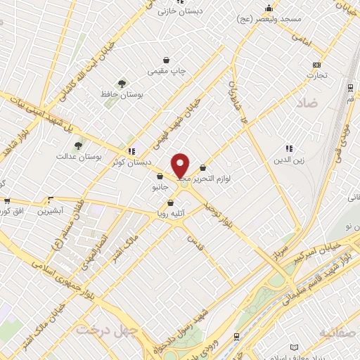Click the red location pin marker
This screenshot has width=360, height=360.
click(x=181, y=166)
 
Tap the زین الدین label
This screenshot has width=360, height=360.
click(x=288, y=160)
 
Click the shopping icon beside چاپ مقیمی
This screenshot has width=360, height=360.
click(x=166, y=60)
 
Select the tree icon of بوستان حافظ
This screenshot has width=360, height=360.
click(x=123, y=84)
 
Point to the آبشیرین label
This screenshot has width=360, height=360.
click(x=50, y=210)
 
